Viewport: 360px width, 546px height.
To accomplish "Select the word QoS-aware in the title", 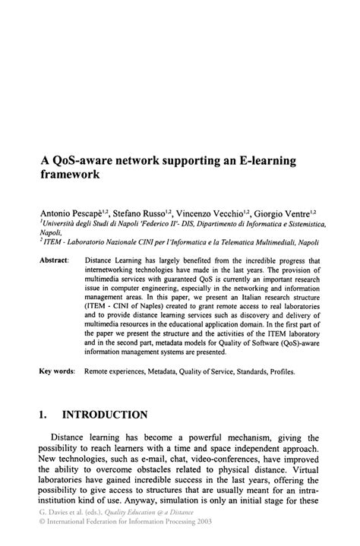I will point(87,162).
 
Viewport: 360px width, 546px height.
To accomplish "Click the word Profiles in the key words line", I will point(279,372).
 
